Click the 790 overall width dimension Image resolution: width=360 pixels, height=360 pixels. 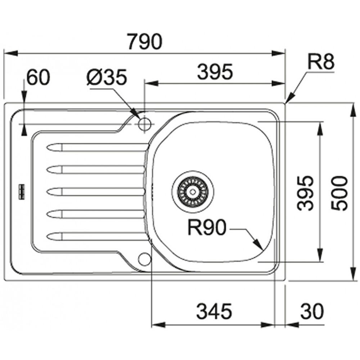[x=145, y=41]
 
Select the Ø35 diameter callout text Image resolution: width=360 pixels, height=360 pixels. [x=107, y=77]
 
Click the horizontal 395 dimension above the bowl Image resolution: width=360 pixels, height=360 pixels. [x=215, y=72]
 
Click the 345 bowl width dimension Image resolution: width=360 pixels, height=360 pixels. [x=215, y=311]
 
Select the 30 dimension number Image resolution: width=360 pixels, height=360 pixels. [x=312, y=311]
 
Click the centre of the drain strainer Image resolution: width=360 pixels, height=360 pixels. [x=193, y=191]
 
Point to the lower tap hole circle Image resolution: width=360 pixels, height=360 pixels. [x=145, y=258]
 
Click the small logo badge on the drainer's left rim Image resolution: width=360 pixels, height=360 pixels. [x=22, y=191]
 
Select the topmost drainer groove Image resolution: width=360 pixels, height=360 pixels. [x=96, y=147]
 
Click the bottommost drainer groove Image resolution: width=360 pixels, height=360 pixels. [x=96, y=236]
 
